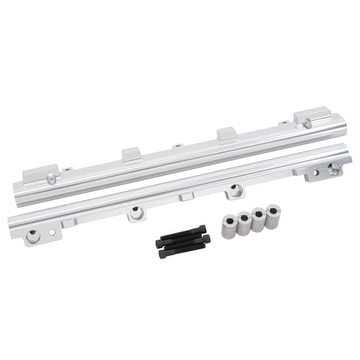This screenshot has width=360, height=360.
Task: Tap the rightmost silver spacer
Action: click(272, 216)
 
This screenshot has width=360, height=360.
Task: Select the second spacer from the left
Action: click(243, 223)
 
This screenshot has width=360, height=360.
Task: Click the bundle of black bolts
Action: click(182, 242)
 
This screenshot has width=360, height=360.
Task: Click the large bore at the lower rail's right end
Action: click(333, 169)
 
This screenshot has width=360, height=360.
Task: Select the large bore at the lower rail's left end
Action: click(33, 235)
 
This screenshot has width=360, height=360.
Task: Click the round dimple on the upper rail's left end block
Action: click(51, 179)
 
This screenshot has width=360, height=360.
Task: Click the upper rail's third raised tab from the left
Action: click(227, 133)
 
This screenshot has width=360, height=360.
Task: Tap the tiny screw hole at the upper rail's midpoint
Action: click(178, 145)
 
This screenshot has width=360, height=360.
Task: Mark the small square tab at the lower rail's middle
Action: click(186, 196)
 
